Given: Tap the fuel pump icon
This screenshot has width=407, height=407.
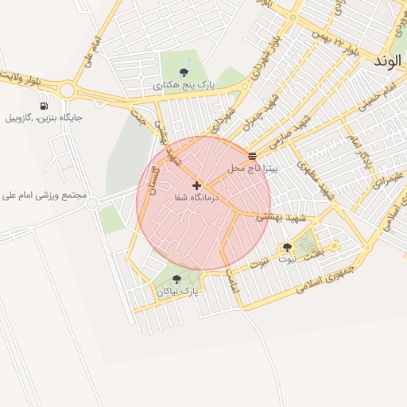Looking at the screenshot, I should tap(43, 106).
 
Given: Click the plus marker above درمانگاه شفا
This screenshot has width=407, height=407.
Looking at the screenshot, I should tap(196, 185).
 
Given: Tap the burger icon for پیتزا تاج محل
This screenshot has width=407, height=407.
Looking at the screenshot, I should tap(253, 157).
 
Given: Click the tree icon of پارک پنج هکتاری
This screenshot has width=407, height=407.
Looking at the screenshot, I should tap(184, 73).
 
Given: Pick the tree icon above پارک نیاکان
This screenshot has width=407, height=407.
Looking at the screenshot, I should tap(176, 279).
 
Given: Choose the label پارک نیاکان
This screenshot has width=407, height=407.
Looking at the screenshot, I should tap(176, 292).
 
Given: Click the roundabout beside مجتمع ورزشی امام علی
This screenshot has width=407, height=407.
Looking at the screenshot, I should tap(92, 203).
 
